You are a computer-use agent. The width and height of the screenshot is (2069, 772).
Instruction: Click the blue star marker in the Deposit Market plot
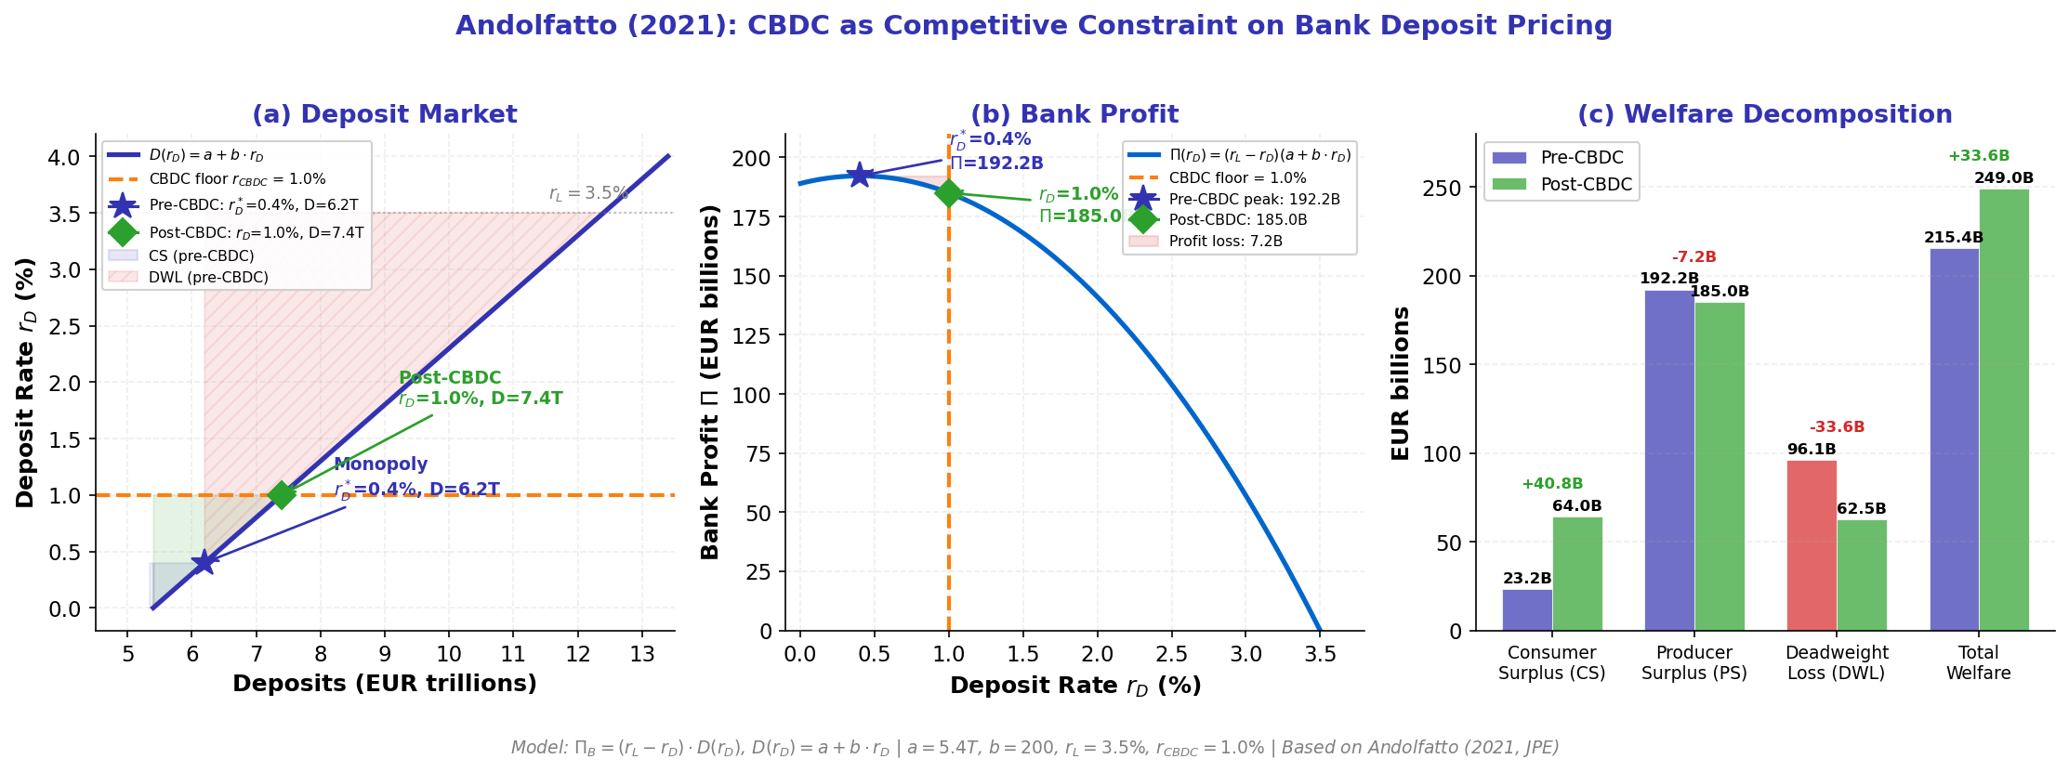[x=204, y=562]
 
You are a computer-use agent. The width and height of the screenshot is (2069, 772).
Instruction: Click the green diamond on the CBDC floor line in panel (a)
[x=282, y=494]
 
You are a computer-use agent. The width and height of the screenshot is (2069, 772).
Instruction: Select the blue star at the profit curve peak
[x=859, y=175]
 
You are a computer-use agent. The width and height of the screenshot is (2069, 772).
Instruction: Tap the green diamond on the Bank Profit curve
[x=949, y=192]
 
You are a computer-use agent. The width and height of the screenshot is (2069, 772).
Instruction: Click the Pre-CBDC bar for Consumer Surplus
[x=1527, y=609]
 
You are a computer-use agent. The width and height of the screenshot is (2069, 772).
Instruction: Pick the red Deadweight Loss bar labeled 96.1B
[x=1812, y=545]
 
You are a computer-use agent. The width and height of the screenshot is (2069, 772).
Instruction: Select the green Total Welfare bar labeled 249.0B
[x=2004, y=409]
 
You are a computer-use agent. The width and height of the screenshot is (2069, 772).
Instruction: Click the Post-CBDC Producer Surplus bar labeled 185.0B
[x=1720, y=465]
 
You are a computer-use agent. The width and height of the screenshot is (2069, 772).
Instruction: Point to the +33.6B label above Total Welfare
[x=1979, y=156]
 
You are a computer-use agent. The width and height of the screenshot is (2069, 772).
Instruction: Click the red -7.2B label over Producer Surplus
[x=1693, y=257]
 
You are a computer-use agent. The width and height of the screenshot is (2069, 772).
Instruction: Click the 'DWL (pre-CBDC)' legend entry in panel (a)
[x=208, y=278]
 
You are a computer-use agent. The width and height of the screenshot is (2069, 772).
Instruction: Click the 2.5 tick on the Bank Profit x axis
[x=1172, y=654]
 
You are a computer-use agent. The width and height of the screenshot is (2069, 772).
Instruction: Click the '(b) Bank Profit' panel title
[x=1074, y=114]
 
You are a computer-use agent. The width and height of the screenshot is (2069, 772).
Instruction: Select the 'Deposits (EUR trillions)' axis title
[x=385, y=684]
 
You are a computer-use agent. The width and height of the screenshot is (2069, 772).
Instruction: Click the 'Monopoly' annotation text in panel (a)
[x=381, y=465]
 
